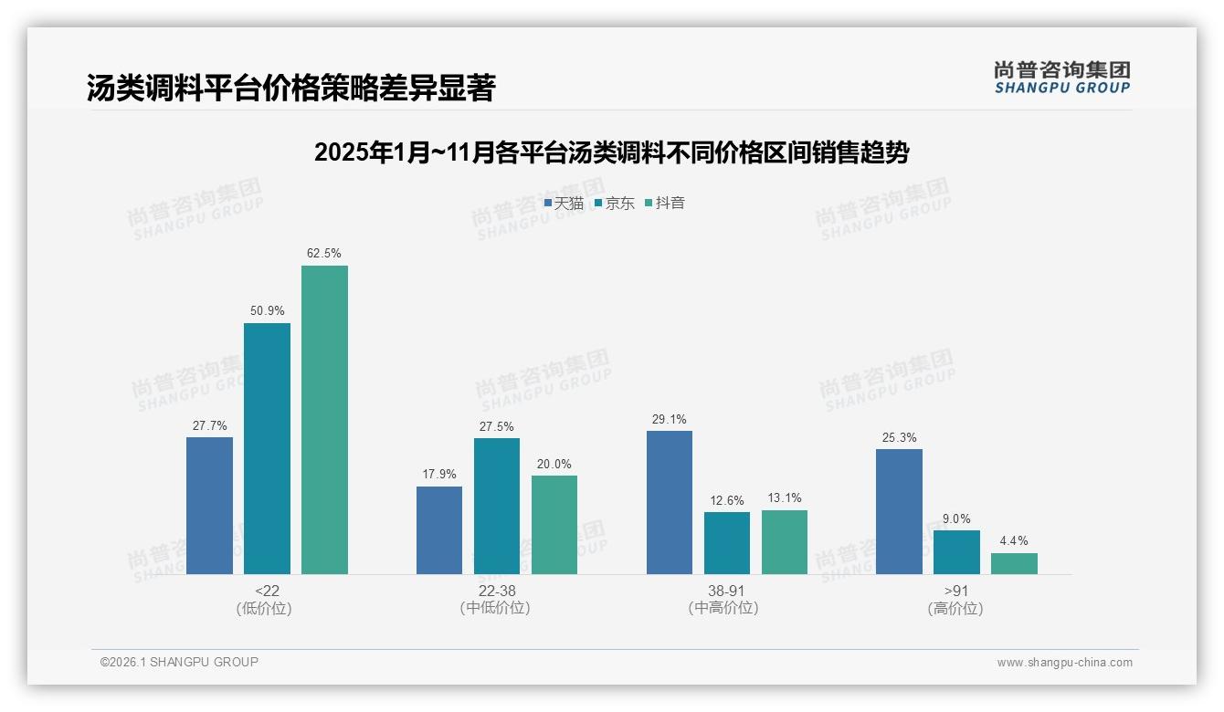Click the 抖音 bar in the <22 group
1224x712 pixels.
pos(324,420)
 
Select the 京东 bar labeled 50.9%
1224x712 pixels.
pos(267,448)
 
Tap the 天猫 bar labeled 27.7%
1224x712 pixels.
pos(209,506)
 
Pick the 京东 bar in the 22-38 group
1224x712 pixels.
pos(497,506)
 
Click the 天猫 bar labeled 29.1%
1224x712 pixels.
pos(670,502)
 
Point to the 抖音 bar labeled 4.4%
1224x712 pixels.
pos(1014,563)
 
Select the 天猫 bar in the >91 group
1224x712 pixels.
pos(899,511)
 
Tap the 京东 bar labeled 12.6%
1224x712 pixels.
pos(727,543)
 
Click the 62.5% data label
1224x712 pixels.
pos(324,254)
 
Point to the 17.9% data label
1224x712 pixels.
pos(439,475)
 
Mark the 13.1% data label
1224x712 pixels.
pos(785,498)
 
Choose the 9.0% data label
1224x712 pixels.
pos(956,519)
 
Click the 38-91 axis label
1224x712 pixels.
pos(727,592)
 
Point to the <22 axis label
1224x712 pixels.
pos(267,592)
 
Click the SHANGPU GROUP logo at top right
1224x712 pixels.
pos(1061,78)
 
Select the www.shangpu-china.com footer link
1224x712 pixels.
pos(1064,663)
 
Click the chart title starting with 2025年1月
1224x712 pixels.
pos(611,152)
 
